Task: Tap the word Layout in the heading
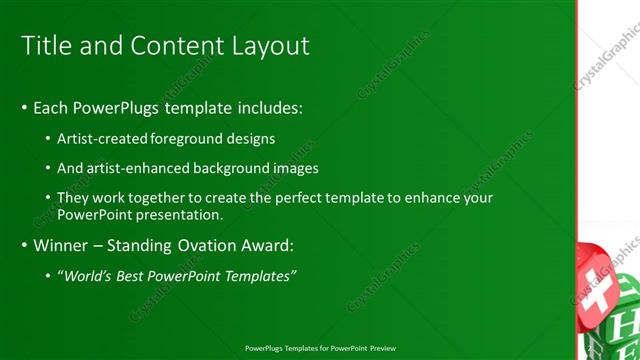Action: [270, 45]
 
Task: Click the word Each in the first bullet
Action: [51, 106]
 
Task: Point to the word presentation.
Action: [177, 214]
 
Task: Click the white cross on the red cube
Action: [596, 289]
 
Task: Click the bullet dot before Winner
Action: [23, 244]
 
